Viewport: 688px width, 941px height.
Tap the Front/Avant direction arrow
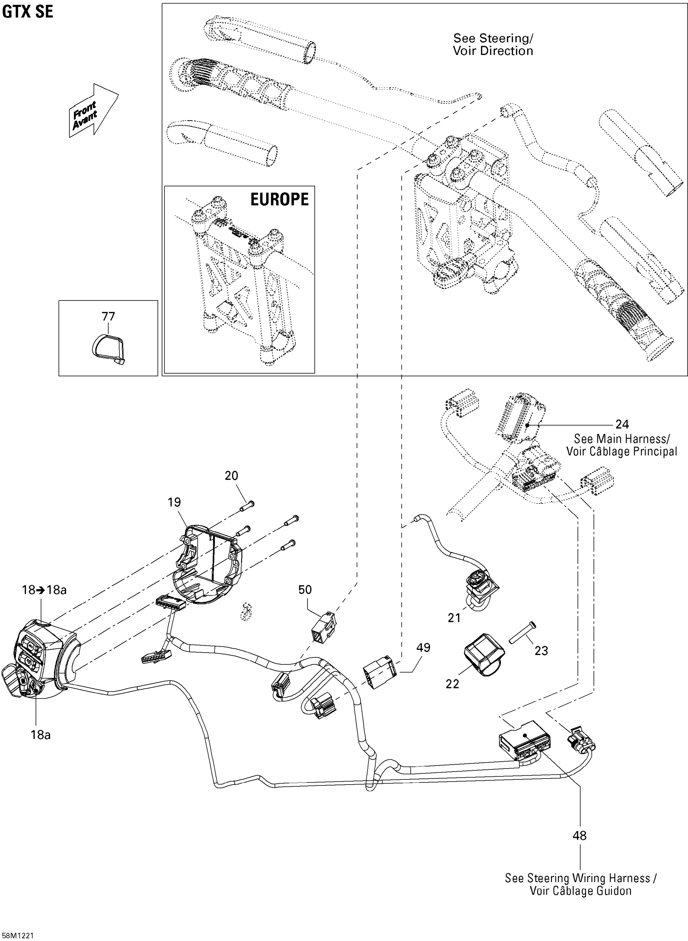(x=92, y=109)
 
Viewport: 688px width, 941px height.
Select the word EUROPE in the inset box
(x=280, y=199)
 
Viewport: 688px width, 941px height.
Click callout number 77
(x=108, y=316)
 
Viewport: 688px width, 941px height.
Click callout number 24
(x=622, y=424)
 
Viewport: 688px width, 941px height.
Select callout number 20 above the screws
(x=232, y=476)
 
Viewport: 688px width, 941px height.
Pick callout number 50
(x=305, y=590)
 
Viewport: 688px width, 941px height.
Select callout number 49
(x=423, y=648)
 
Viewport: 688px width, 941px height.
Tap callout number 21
(x=454, y=618)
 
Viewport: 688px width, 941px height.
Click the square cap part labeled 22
(x=483, y=654)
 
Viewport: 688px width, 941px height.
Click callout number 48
(x=579, y=836)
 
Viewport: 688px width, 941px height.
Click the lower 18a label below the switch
(x=40, y=735)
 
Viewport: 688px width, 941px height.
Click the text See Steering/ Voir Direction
(x=493, y=45)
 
